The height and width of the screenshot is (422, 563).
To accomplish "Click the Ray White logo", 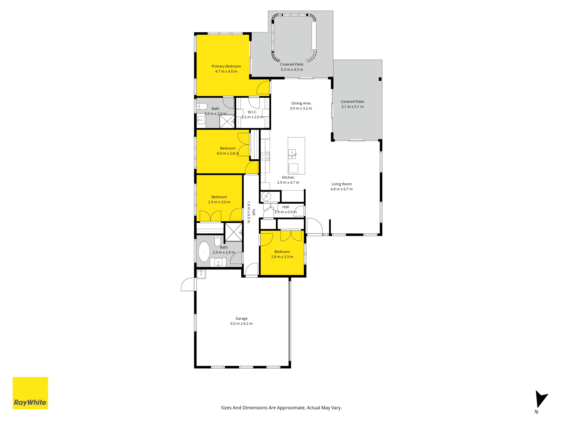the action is (x=30, y=393).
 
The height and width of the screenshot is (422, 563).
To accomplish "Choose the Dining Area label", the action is (x=301, y=103).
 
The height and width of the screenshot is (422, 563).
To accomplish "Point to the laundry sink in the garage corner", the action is (x=201, y=274).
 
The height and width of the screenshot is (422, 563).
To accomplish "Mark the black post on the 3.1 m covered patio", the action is (x=380, y=79).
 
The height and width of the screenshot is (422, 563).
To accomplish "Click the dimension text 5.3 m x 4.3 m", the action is (x=292, y=69).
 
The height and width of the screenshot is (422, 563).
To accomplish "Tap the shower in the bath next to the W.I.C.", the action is (x=227, y=122).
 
